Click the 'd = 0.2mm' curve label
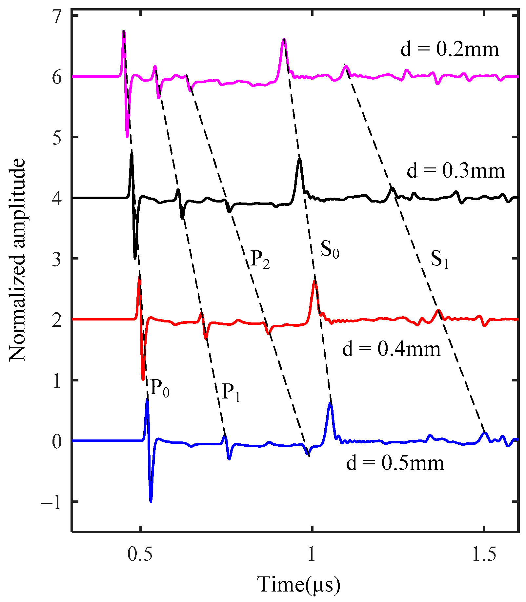pos(450,49)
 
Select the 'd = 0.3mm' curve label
pos(455,171)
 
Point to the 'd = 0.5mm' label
pos(395,463)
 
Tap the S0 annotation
pos(330,249)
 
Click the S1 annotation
pos(439,259)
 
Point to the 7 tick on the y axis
pos(57,16)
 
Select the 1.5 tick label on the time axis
pos(484,554)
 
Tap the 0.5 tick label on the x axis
pos(140,554)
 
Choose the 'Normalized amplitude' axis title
pos(17,259)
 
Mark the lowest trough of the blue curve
pos(151,501)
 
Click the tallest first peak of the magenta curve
pos(124,30)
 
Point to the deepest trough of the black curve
pos(135,259)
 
